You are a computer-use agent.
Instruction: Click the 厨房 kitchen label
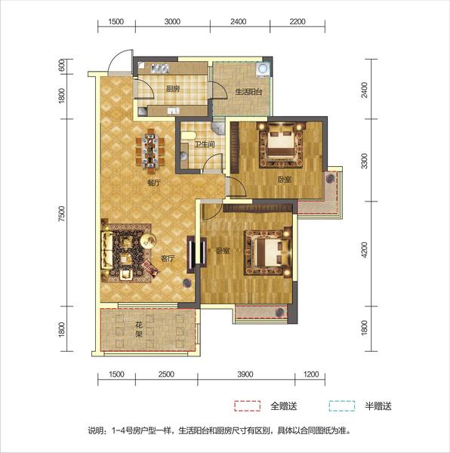[173, 88]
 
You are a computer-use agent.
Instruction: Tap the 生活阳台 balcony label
[248, 92]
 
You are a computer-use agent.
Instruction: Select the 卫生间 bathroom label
[205, 144]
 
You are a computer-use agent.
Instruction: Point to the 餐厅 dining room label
[154, 183]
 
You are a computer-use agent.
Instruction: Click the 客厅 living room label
[168, 258]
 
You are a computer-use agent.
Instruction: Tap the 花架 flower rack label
[139, 330]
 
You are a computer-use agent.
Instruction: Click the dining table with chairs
[150, 152]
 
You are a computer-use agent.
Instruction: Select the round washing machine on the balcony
[264, 69]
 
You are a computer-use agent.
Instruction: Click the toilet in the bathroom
[188, 136]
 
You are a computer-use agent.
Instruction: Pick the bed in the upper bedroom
[281, 144]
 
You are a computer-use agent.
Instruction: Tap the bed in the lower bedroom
[268, 252]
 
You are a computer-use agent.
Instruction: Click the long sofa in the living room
[106, 250]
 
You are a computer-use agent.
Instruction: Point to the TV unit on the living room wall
[192, 254]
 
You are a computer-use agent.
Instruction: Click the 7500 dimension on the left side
[62, 214]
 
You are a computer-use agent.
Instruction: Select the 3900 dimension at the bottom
[245, 374]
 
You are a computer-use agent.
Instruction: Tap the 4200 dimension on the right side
[365, 250]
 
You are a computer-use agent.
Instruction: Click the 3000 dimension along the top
[172, 22]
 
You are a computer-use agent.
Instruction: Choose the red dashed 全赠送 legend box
[247, 405]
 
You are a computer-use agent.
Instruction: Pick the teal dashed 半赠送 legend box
[342, 405]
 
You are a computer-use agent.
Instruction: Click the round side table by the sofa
[148, 240]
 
